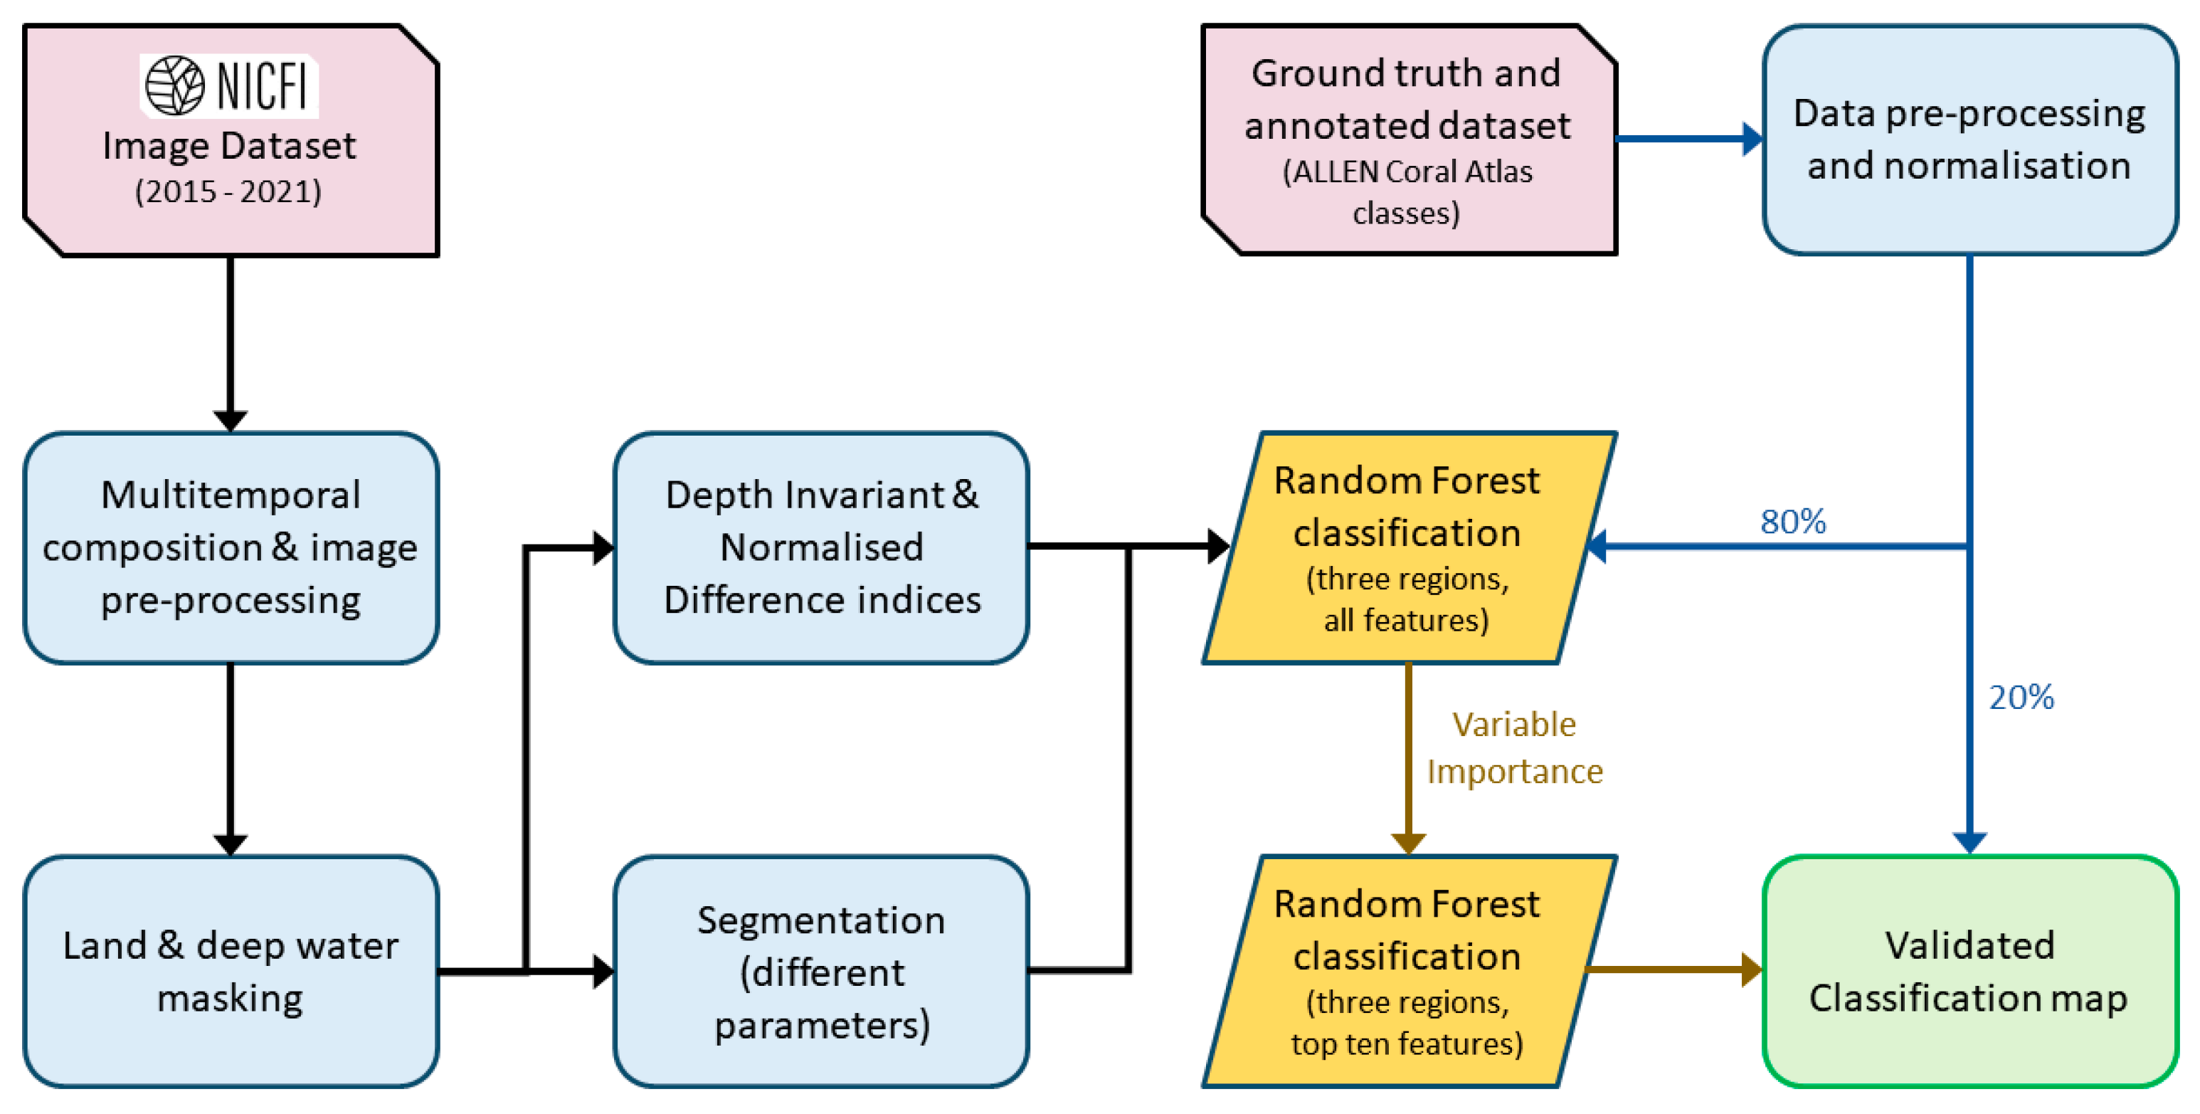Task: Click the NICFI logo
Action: tap(229, 85)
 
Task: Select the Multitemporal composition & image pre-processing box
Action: tap(231, 547)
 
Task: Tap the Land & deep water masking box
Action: tap(231, 972)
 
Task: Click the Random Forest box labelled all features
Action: tap(1407, 547)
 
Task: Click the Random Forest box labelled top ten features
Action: tap(1407, 972)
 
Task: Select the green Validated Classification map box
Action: tap(1969, 972)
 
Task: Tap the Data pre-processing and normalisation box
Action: tap(1969, 140)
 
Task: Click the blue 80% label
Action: tap(1792, 521)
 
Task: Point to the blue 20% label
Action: tap(2021, 697)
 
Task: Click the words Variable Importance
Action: tap(1514, 747)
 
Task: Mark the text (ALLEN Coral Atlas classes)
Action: tap(1407, 192)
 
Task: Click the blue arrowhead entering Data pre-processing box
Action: tap(1752, 140)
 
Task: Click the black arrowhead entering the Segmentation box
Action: tap(603, 972)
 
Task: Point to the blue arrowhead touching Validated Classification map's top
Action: tap(1969, 844)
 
